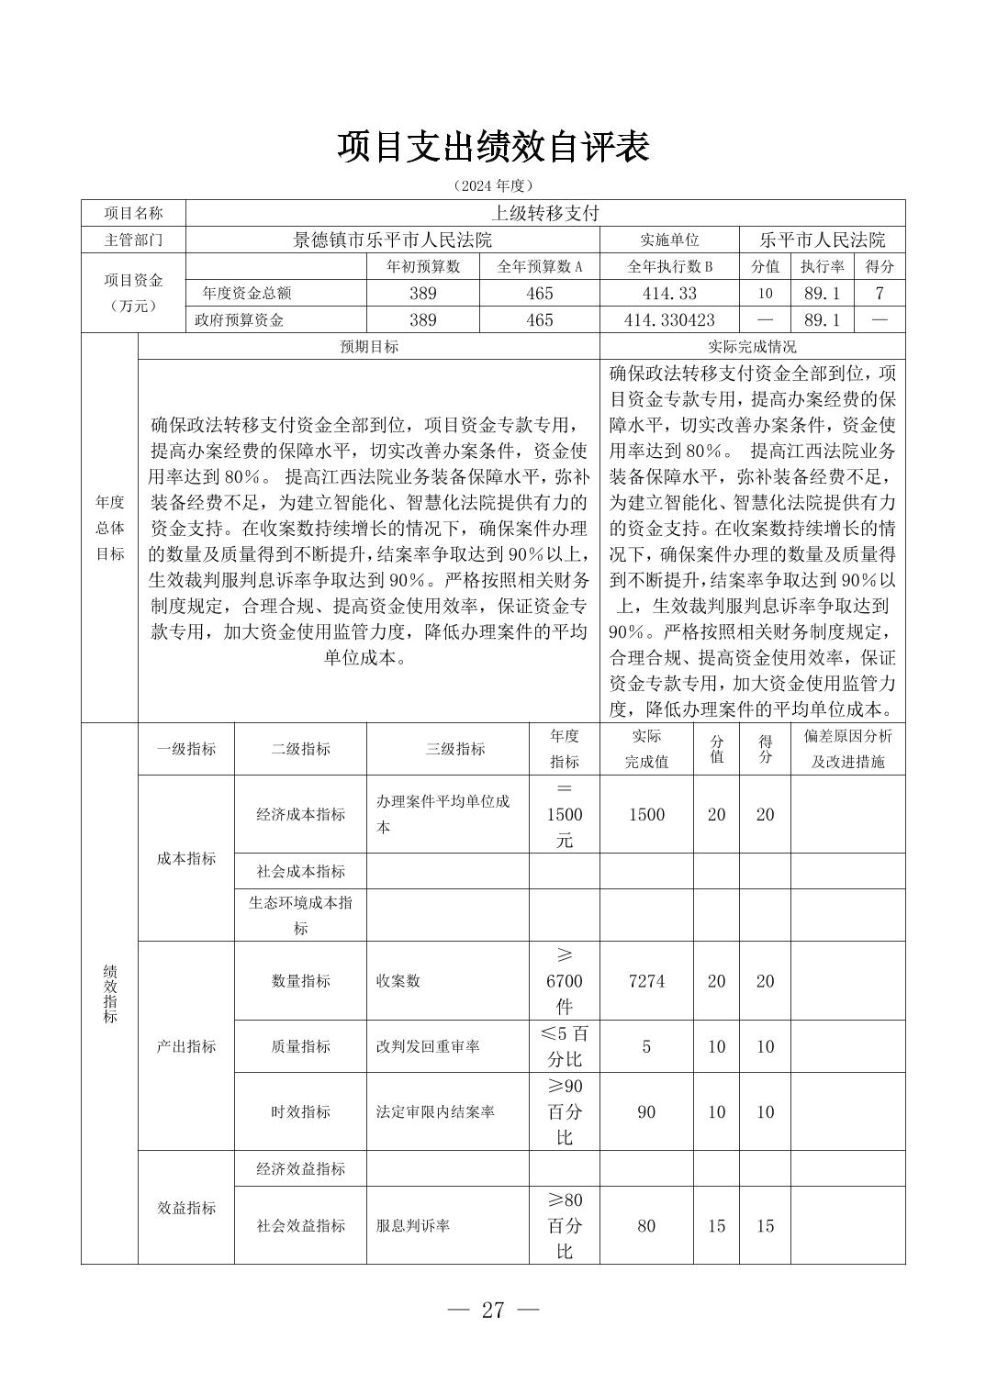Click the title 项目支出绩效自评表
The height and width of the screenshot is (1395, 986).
coord(493,147)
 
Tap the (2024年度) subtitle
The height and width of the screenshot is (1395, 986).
coord(493,185)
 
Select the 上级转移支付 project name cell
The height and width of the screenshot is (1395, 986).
coord(544,213)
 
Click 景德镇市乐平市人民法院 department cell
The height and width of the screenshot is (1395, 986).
coord(392,240)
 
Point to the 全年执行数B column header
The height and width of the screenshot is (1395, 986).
coord(670,267)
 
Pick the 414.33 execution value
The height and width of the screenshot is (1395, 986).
coord(670,294)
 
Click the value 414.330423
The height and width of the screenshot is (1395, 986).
coord(670,320)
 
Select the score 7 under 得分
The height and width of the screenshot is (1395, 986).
coord(879,294)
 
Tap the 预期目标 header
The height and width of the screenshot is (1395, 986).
coord(369,347)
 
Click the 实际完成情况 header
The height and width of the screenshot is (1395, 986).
coord(752,347)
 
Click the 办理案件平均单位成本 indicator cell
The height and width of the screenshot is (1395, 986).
coord(444,814)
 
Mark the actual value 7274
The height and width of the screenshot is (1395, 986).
coord(646,981)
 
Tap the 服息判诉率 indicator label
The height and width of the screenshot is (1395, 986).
coord(413,1225)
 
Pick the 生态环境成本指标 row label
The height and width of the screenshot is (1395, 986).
coord(300,915)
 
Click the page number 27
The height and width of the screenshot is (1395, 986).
coord(493,1311)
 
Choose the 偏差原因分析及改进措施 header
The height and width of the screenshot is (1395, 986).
coord(847,749)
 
